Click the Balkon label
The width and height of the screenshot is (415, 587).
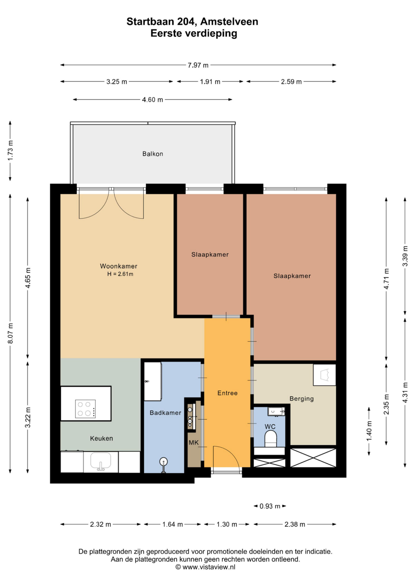click(x=153, y=154)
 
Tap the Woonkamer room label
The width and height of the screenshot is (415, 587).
click(x=119, y=266)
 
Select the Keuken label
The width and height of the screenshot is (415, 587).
click(x=101, y=438)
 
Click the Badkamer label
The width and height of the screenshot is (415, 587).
click(x=165, y=413)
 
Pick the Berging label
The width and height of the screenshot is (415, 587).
click(x=302, y=399)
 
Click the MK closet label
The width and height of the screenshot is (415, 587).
click(x=193, y=443)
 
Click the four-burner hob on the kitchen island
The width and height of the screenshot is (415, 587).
click(x=85, y=409)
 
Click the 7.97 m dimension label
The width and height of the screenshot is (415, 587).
click(x=198, y=65)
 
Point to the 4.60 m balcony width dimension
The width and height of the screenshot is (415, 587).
click(x=153, y=100)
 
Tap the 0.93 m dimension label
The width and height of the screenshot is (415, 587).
click(x=270, y=506)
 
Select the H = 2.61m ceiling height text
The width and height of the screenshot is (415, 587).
click(x=120, y=274)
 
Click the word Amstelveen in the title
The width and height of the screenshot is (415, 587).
click(x=229, y=22)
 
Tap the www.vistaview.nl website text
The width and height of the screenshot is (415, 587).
click(x=209, y=567)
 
